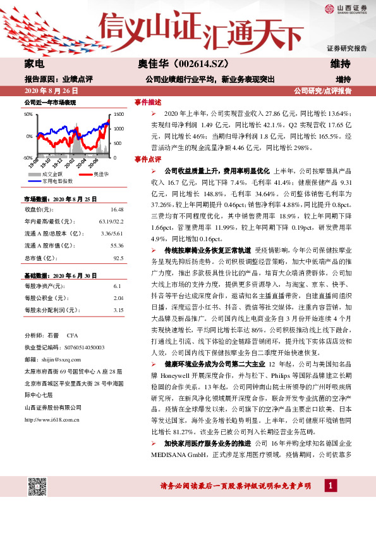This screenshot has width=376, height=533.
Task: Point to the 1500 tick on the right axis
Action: (x=119, y=115)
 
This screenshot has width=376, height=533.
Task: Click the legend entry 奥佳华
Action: (x=101, y=174)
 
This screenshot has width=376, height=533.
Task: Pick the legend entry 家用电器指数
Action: (x=58, y=180)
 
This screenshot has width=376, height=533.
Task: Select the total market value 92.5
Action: (x=118, y=258)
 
